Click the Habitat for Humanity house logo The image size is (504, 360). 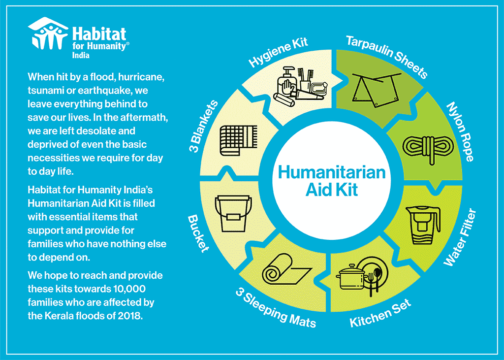click(x=48, y=33)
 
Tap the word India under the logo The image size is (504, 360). click(x=81, y=55)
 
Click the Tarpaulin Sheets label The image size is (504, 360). click(x=387, y=57)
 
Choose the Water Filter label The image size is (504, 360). click(x=460, y=237)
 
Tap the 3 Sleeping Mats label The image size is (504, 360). click(x=276, y=308)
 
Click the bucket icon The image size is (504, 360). click(x=233, y=213)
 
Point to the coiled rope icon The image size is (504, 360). click(x=429, y=148)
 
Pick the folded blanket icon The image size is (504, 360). click(x=238, y=140)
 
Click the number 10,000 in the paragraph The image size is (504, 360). click(x=129, y=289)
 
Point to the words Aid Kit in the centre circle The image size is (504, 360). click(x=331, y=189)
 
